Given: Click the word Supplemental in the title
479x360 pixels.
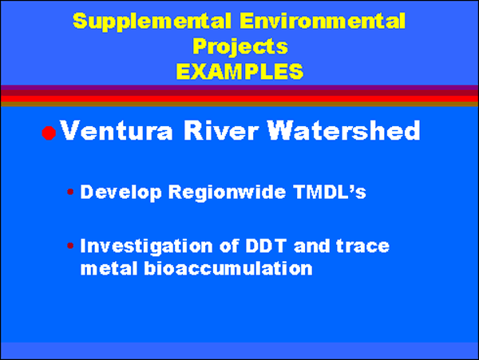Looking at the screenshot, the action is tap(152, 22).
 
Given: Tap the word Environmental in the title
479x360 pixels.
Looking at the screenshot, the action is tap(323, 21).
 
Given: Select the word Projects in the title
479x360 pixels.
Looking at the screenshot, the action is tap(240, 47).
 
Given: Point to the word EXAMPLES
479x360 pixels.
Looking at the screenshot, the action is tap(239, 71).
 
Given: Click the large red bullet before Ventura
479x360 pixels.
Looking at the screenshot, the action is tap(49, 133).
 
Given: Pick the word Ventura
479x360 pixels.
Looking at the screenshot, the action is tap(117, 131).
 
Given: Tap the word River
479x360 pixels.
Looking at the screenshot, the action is tap(221, 130).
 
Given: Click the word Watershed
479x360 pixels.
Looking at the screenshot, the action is tap(343, 130).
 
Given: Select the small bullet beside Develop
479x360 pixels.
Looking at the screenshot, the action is tap(70, 192).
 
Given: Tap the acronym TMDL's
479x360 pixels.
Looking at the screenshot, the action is tap(330, 192).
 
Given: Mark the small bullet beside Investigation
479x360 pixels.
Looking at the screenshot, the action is tap(70, 246).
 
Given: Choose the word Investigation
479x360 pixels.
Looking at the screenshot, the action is tap(146, 247).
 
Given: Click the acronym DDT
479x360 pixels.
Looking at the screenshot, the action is tap(266, 246).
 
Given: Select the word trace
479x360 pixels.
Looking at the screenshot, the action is tap(363, 246).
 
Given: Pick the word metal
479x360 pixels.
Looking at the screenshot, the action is tap(109, 268).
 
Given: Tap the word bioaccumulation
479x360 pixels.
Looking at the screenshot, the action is tap(228, 268).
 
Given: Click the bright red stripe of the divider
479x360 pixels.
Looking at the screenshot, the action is tap(239, 99).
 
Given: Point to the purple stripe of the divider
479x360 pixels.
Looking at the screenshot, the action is tap(239, 88).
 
